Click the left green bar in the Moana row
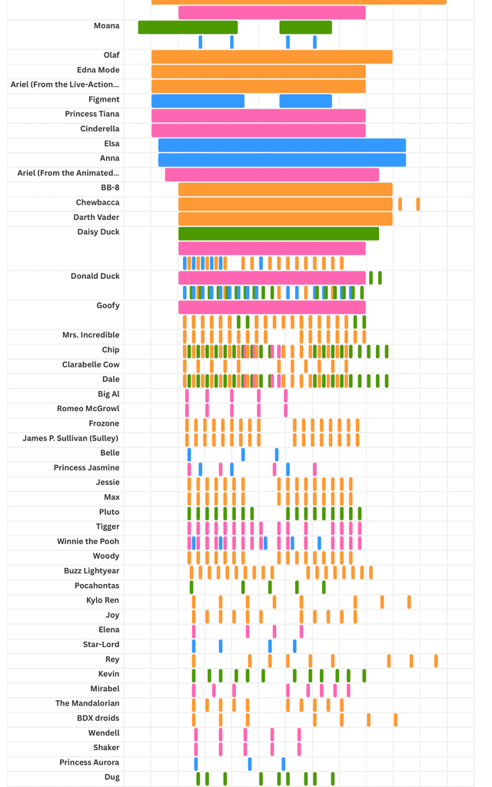188,28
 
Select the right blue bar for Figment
305,101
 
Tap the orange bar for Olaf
271,57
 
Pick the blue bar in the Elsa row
281,145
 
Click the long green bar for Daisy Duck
278,234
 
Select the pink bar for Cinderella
258,130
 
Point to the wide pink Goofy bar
271,307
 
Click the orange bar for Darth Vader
285,219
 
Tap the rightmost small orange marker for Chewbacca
418,204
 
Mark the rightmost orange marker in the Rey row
436,661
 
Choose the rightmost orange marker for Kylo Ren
409,602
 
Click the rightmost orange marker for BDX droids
395,719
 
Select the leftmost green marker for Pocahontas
191,587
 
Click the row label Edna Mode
98,70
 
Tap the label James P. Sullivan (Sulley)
71,438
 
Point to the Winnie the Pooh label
88,541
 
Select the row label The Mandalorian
87,703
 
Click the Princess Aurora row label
89,762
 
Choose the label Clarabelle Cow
91,364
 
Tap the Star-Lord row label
101,644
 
